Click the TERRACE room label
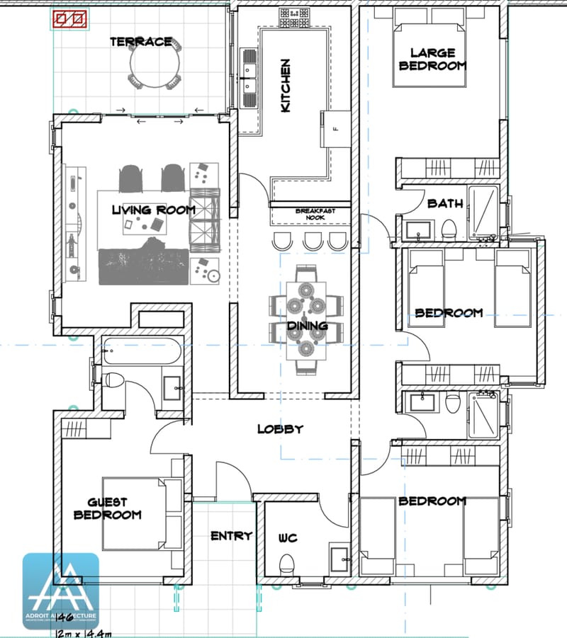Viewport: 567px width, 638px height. [140, 42]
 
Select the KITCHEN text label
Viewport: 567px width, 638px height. [286, 86]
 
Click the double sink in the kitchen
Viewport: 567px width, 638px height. [249, 71]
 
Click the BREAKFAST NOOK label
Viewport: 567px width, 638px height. [315, 215]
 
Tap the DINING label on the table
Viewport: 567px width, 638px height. [307, 326]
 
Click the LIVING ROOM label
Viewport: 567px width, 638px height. [153, 210]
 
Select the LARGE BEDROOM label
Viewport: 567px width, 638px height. [432, 59]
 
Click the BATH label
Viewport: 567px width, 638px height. [445, 204]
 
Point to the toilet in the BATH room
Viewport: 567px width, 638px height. [448, 229]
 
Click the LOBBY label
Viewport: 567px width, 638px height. [280, 429]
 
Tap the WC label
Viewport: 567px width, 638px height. [288, 539]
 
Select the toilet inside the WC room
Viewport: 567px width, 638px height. [286, 565]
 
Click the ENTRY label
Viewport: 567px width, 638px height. [231, 536]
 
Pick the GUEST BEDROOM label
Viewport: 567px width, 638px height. [107, 508]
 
